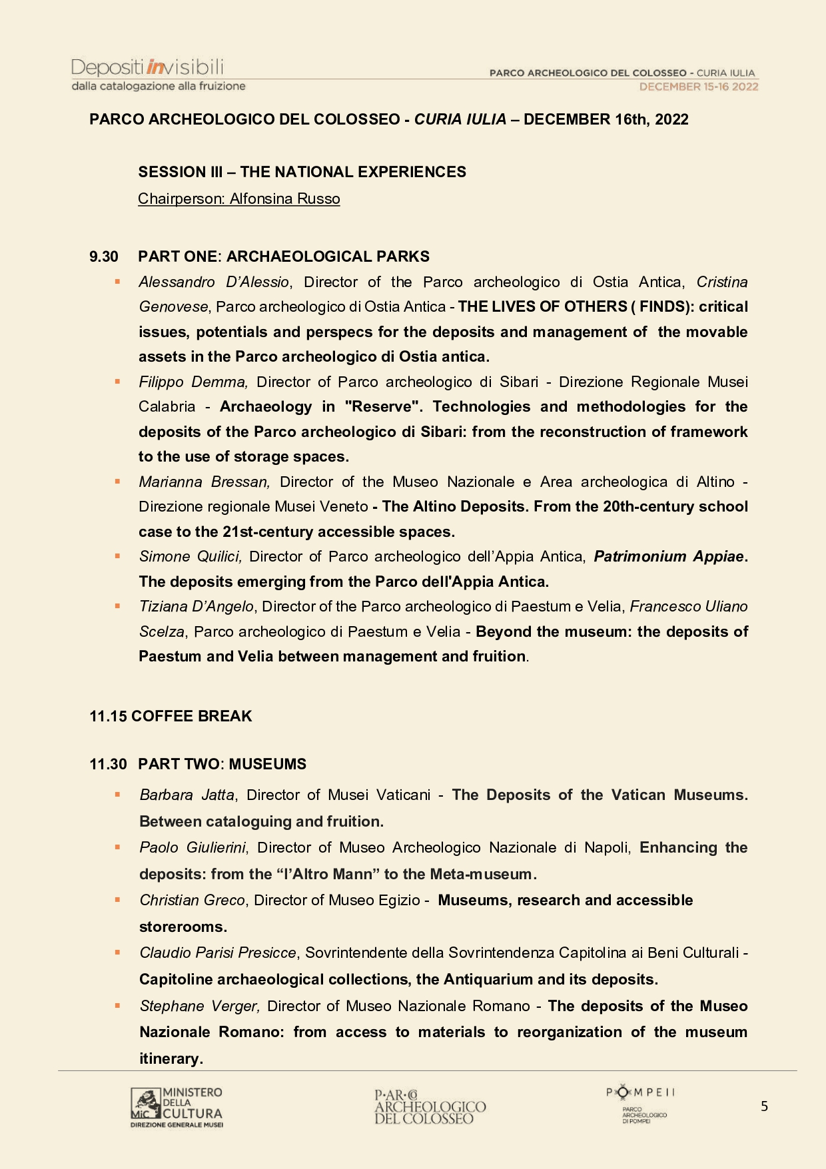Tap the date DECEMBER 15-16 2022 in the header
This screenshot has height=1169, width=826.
698,87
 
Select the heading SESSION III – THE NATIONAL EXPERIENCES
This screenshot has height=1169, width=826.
302,172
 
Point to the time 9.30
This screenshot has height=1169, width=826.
104,256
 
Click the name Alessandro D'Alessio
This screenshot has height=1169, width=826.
214,282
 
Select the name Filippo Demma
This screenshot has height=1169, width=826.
193,382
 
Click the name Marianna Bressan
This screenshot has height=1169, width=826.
204,482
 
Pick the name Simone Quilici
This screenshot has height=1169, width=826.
190,556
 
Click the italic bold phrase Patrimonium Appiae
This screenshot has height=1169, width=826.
669,556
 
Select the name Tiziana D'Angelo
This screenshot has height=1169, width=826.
197,606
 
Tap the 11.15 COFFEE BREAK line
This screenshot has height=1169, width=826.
171,716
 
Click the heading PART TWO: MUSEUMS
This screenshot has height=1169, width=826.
222,764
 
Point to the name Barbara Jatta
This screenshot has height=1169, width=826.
187,795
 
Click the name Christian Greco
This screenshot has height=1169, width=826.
193,900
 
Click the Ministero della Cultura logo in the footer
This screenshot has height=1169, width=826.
177,1106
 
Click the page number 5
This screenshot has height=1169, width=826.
764,1106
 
